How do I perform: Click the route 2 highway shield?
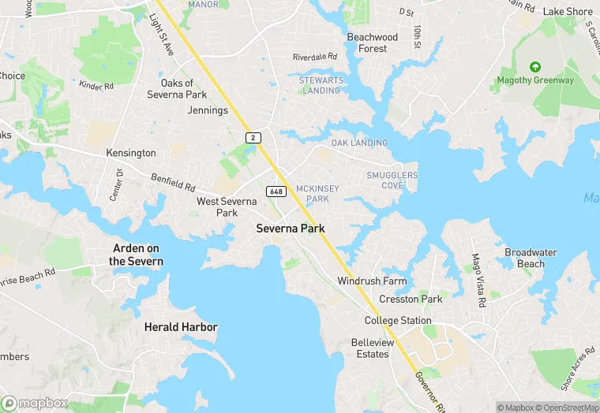click(x=253, y=137)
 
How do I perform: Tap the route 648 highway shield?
click(x=276, y=192)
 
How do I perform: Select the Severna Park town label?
click(x=291, y=229)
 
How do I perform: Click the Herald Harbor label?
click(x=180, y=326)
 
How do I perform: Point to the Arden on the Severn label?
click(x=137, y=255)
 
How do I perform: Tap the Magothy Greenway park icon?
click(x=536, y=67)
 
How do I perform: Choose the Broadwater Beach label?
click(x=531, y=259)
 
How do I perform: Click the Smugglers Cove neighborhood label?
click(x=392, y=180)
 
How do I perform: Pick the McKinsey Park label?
click(x=313, y=194)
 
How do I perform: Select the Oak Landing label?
click(x=359, y=143)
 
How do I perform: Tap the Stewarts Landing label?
click(x=320, y=85)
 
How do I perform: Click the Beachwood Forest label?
click(x=373, y=43)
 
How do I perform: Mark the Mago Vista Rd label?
click(x=478, y=280)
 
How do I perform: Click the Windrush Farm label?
click(x=372, y=281)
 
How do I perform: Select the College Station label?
click(x=398, y=321)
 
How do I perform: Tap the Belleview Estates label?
click(x=370, y=348)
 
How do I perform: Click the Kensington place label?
click(x=132, y=153)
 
